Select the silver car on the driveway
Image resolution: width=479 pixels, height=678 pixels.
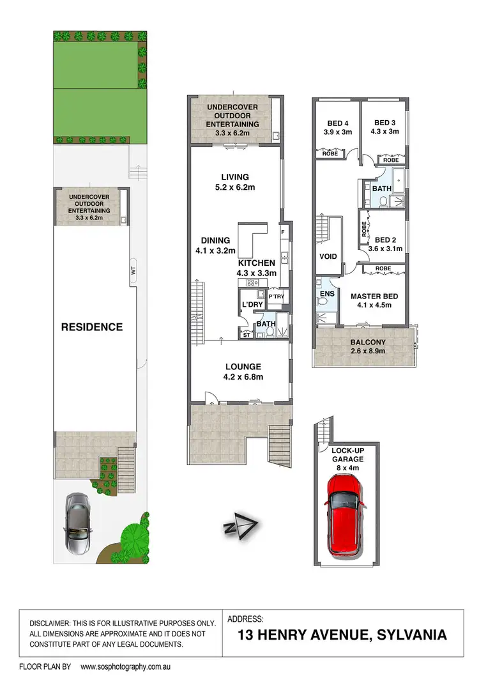77,523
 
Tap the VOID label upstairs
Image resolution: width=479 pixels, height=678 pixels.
328,256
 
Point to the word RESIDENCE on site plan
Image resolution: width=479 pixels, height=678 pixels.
92,327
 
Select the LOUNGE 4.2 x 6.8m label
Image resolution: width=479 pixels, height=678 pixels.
243,371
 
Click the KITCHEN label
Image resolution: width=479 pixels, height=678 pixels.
257,268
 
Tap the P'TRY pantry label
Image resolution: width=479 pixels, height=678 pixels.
276,297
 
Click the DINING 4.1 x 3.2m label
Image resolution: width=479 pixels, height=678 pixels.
216,246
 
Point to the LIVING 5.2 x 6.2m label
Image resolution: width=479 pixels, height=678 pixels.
234,182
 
